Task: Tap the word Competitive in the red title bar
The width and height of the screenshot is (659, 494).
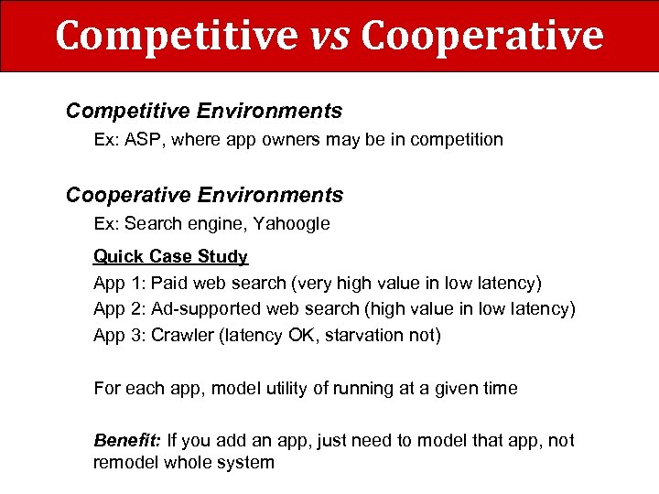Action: click(x=176, y=36)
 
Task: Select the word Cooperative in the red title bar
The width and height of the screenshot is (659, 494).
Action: click(x=482, y=36)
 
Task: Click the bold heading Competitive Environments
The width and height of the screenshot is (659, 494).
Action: click(x=204, y=112)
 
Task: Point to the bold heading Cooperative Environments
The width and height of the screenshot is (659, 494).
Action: click(x=204, y=195)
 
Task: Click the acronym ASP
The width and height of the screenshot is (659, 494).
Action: click(x=143, y=140)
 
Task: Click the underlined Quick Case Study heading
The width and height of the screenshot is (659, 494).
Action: click(x=170, y=257)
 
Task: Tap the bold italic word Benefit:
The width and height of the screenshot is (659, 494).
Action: click(x=127, y=440)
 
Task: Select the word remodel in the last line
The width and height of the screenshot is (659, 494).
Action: click(x=125, y=462)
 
